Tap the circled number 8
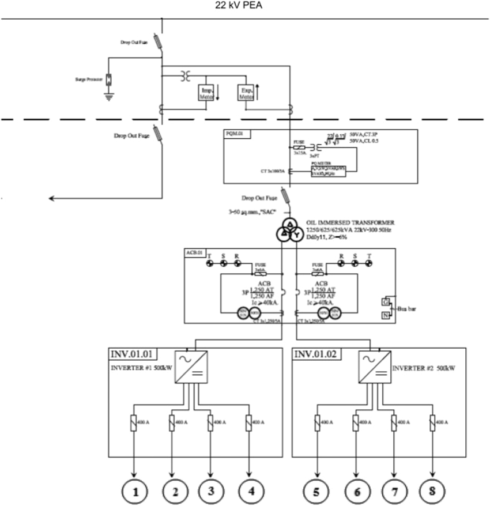432,492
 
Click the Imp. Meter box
206,93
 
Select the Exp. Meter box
246,93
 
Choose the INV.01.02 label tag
316,353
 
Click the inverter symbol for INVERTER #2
375,367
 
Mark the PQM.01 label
234,133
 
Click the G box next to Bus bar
385,301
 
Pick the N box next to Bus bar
385,315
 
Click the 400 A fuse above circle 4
248,423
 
